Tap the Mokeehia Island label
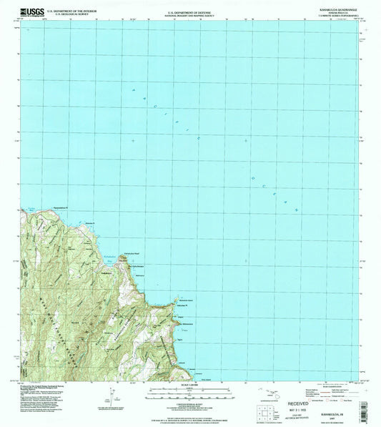click(x=187, y=292)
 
